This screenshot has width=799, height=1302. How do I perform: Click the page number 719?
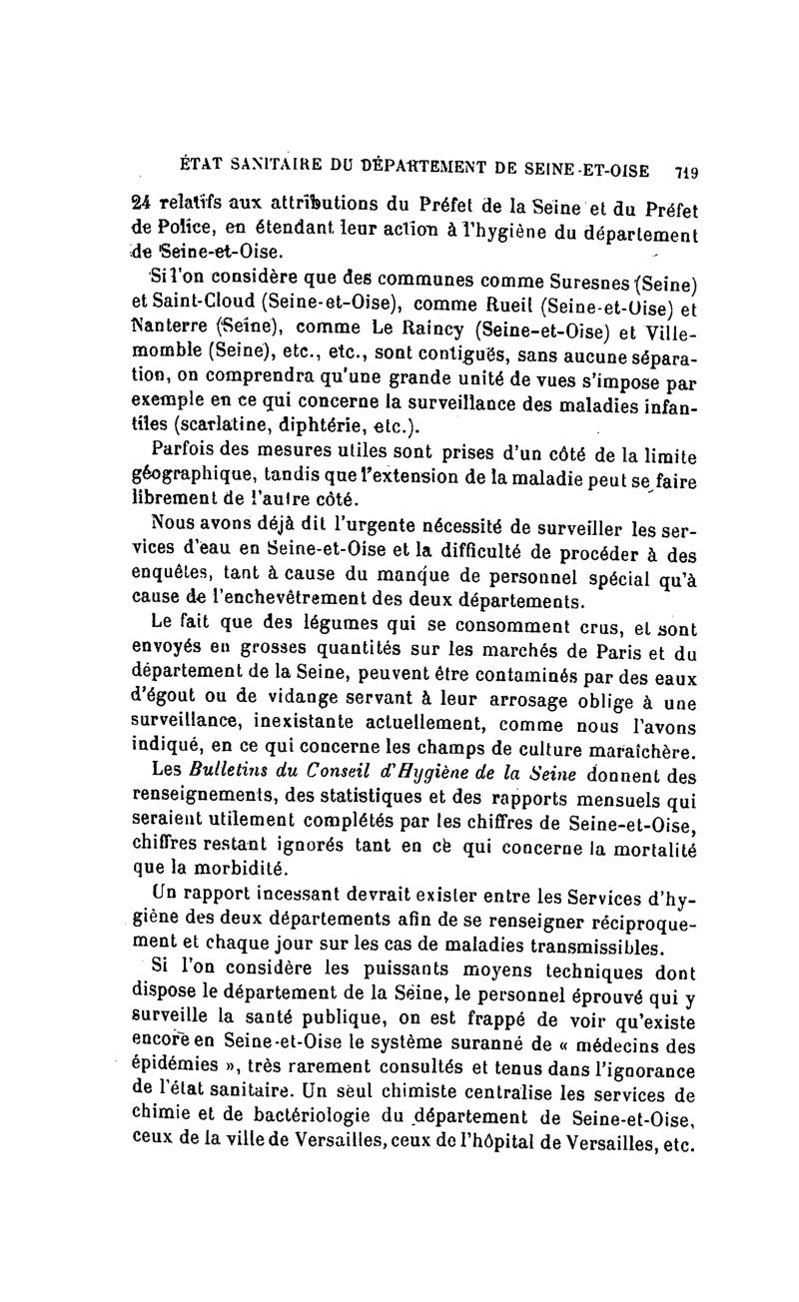[685, 169]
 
